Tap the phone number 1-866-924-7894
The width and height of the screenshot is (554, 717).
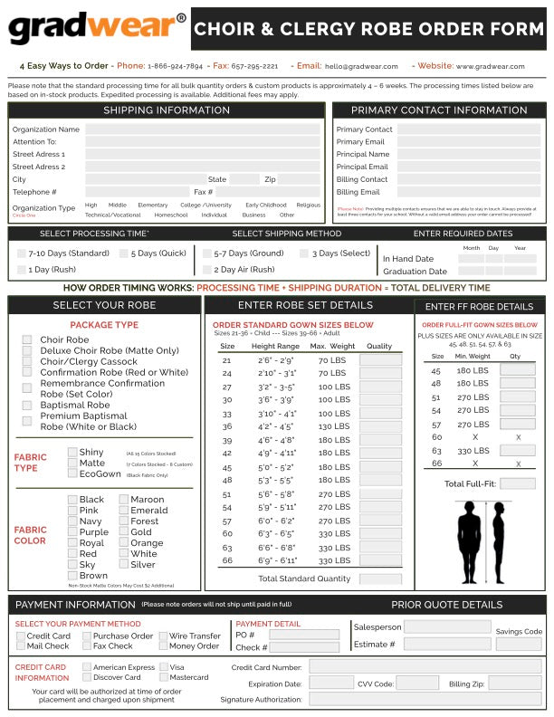(177, 66)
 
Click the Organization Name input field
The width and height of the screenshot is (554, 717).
(203, 129)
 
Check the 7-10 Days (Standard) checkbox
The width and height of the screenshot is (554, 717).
(22, 253)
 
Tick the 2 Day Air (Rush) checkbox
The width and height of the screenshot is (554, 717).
(207, 269)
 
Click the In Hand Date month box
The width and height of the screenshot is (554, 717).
(471, 258)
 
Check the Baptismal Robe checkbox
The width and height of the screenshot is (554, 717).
(27, 405)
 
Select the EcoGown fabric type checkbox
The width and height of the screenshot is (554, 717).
(72, 473)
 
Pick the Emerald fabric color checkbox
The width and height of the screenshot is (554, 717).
(123, 511)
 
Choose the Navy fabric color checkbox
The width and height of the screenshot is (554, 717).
(72, 521)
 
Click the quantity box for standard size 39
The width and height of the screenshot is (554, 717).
(380, 441)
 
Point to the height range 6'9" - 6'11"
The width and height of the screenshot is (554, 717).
(274, 561)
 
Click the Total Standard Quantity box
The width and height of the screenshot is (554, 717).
(380, 578)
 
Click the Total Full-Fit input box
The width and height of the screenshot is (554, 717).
(517, 483)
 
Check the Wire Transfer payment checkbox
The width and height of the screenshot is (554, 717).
(163, 636)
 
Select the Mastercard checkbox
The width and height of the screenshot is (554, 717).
(164, 677)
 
